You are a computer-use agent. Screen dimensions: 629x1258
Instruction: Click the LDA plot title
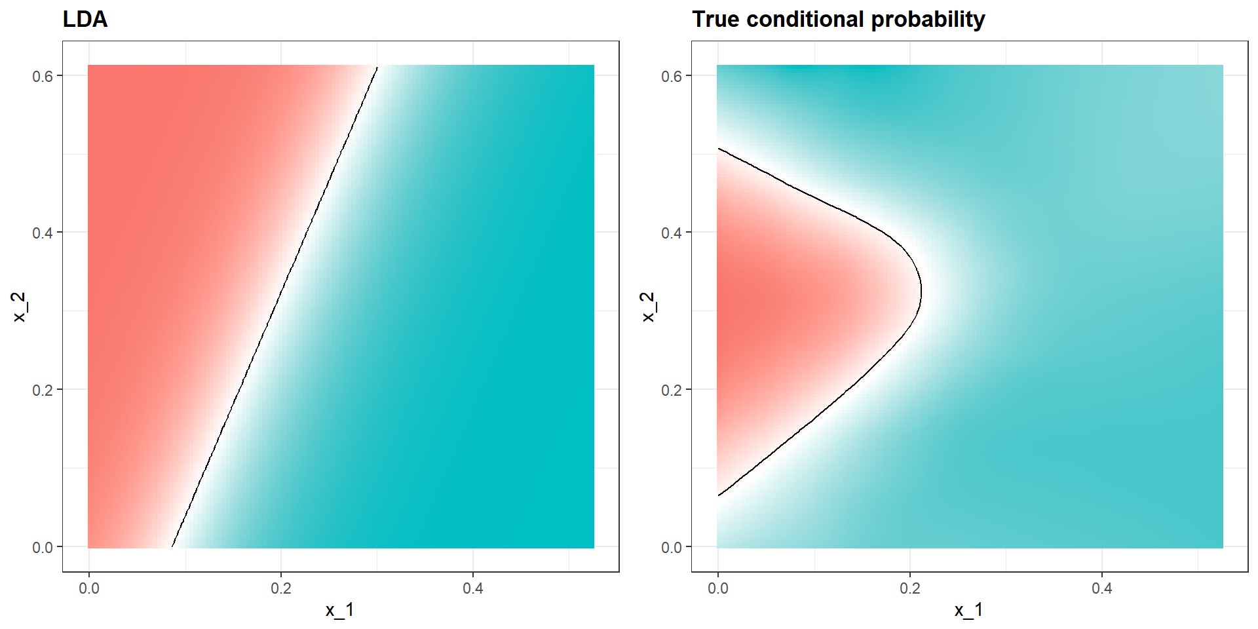tap(85, 19)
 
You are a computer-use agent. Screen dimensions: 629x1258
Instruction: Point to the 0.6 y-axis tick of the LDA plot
tap(43, 76)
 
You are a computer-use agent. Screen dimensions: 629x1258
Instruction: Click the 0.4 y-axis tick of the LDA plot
tap(43, 233)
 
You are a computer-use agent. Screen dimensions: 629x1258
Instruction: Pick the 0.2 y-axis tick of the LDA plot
tap(43, 390)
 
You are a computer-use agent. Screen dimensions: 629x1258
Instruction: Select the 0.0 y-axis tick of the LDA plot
tap(43, 547)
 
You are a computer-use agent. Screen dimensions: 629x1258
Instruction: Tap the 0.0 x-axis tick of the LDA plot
tap(89, 588)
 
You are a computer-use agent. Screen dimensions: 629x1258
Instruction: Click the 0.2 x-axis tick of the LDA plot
tap(281, 588)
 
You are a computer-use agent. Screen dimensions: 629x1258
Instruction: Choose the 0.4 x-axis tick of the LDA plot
tap(473, 588)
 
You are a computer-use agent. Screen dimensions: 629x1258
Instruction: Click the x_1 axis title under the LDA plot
tap(340, 610)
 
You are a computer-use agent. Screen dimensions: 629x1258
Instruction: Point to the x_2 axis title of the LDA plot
tap(19, 307)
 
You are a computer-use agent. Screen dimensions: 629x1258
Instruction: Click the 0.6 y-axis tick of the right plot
tap(672, 76)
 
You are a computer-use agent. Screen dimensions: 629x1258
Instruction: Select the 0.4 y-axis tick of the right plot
tap(672, 233)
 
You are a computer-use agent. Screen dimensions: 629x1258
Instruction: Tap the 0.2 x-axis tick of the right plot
tap(910, 588)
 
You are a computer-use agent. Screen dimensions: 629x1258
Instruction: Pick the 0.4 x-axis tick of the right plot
tap(1102, 588)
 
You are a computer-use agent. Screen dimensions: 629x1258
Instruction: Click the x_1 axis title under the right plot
tap(969, 610)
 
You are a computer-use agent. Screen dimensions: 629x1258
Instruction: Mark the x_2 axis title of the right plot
tap(648, 307)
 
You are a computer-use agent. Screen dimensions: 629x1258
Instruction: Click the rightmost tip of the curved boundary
tap(921, 292)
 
